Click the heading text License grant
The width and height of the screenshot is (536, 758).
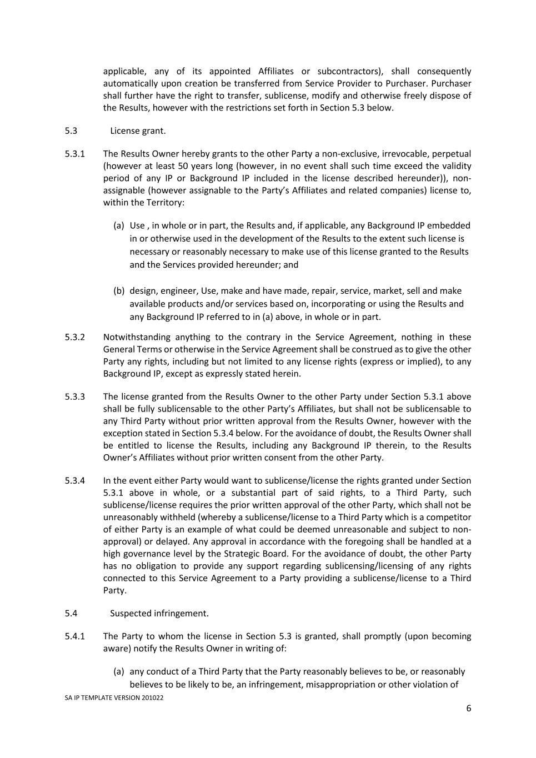point(138,131)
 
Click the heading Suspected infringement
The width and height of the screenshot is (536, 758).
point(159,614)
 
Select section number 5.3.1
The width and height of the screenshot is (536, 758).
point(74,154)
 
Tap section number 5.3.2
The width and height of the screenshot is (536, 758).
point(74,337)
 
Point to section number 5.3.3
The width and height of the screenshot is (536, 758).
point(74,396)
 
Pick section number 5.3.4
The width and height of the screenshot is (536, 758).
point(74,480)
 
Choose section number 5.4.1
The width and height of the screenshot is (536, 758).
point(74,636)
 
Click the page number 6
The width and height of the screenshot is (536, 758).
point(468,709)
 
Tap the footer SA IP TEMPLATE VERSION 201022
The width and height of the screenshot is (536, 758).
point(114,698)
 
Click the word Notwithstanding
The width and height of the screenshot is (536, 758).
point(136,337)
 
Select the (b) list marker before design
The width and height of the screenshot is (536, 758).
point(119,291)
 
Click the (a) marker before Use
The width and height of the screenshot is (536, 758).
point(119,225)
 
